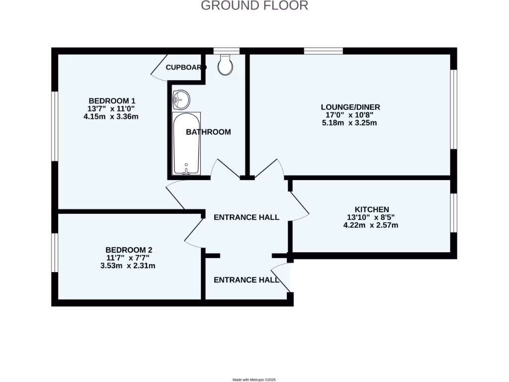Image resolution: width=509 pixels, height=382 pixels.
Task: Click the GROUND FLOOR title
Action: click(x=254, y=6)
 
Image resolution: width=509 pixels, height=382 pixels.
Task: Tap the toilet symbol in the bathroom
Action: click(x=225, y=65)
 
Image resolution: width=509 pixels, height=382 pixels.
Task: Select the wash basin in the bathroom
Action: click(x=181, y=99)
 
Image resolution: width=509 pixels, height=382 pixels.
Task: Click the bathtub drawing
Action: click(x=186, y=143)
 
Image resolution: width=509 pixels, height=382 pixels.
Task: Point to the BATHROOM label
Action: click(x=208, y=132)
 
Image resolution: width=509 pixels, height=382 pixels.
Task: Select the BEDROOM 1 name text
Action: click(x=112, y=99)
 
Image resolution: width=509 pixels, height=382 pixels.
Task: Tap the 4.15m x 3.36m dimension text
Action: click(x=112, y=117)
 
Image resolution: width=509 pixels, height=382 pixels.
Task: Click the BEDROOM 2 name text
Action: click(x=129, y=250)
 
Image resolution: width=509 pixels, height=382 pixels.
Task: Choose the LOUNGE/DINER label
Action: click(x=346, y=107)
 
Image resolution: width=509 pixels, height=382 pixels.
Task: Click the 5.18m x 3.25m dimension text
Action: click(x=346, y=123)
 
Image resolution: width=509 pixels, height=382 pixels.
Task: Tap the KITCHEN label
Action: click(x=371, y=209)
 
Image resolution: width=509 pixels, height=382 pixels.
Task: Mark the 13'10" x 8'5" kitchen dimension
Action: click(x=371, y=217)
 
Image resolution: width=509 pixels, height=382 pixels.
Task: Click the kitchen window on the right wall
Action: click(x=453, y=213)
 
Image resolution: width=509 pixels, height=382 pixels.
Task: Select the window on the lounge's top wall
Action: click(x=323, y=51)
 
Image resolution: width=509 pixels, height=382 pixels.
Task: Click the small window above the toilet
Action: click(x=226, y=51)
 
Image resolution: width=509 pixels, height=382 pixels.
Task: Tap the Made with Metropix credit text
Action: click(x=254, y=380)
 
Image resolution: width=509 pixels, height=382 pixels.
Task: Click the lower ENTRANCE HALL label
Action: click(x=246, y=280)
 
